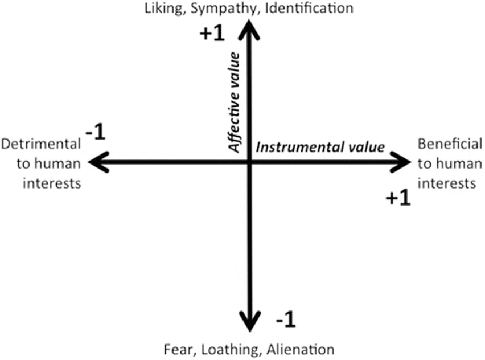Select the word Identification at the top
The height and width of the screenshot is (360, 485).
[305, 7]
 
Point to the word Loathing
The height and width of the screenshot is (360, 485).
[226, 349]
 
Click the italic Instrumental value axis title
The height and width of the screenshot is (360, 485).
[320, 147]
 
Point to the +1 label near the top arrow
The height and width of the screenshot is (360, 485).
[212, 34]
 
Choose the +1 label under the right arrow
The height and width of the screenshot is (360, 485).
[398, 198]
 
